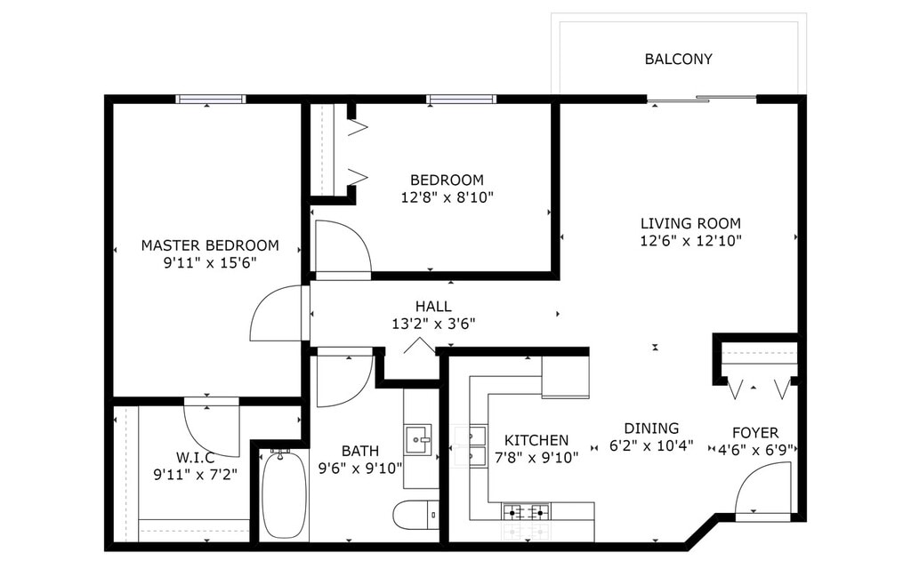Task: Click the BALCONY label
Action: [x=678, y=60]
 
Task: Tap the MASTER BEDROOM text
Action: [x=210, y=245]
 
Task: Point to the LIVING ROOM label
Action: [x=690, y=223]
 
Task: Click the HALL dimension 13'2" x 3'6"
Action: [x=433, y=324]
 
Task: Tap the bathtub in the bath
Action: [x=284, y=493]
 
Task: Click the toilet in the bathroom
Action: [x=416, y=515]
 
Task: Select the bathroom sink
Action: [x=418, y=439]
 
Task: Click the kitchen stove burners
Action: [x=526, y=512]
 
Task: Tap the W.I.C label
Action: [x=195, y=458]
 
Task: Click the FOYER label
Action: [x=755, y=433]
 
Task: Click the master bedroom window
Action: [x=210, y=100]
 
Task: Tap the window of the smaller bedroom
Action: [x=462, y=100]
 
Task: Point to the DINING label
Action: [x=651, y=429]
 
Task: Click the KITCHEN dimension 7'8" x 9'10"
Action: [x=536, y=458]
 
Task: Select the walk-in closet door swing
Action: [x=212, y=427]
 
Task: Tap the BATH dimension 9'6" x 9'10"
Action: [x=360, y=468]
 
